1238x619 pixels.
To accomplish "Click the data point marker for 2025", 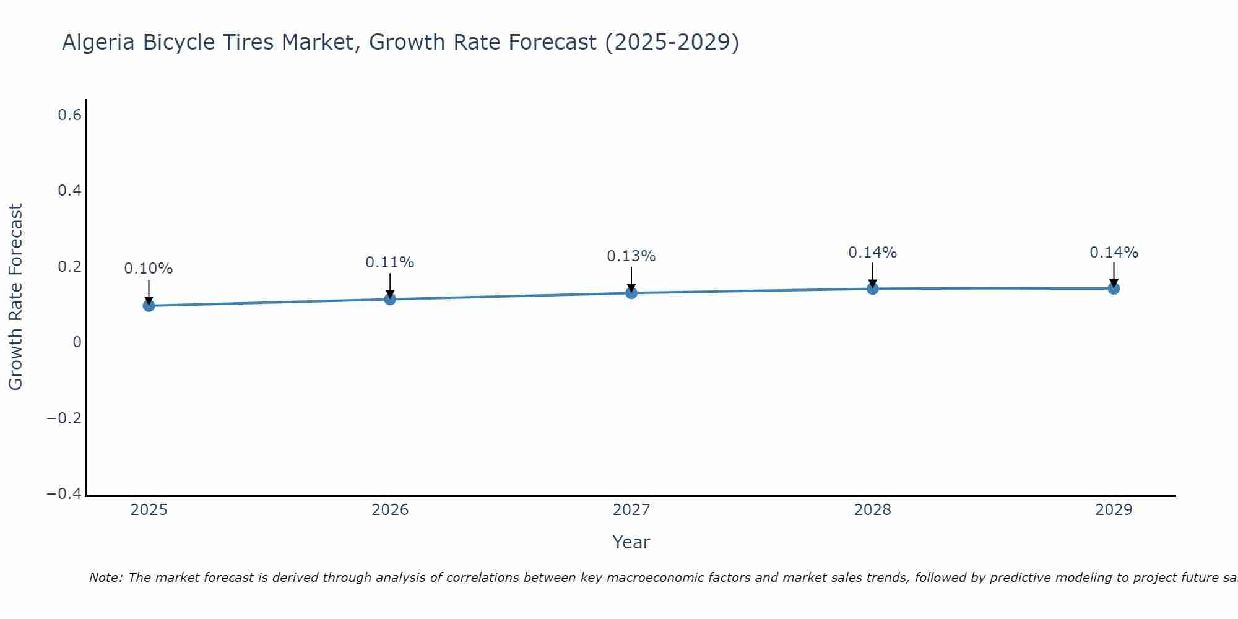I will click(x=149, y=305).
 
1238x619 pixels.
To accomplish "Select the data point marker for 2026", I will click(x=390, y=299).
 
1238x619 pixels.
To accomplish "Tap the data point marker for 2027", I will click(x=631, y=292).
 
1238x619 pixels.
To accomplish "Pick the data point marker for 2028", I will click(x=873, y=288).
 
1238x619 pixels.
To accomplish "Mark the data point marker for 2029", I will click(x=1114, y=288).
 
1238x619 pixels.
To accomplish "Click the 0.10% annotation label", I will click(x=149, y=269).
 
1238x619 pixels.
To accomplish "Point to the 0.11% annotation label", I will click(x=390, y=262).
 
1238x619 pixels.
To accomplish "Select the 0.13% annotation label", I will click(x=631, y=256).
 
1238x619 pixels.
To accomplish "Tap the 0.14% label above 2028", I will click(x=873, y=253).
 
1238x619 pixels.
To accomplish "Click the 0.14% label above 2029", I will click(x=1114, y=253).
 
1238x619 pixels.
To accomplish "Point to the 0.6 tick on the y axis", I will click(x=69, y=115).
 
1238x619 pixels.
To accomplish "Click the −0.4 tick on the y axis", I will click(x=64, y=494).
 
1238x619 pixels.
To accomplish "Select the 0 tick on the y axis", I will click(x=77, y=342).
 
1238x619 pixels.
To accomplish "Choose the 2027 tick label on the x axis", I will click(x=631, y=510).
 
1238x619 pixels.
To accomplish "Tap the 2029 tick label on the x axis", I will click(x=1114, y=510).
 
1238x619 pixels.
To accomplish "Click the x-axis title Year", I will click(x=631, y=542).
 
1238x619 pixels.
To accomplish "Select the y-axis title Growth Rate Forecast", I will click(x=15, y=297).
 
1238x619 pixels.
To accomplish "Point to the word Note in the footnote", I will click(x=105, y=578).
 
